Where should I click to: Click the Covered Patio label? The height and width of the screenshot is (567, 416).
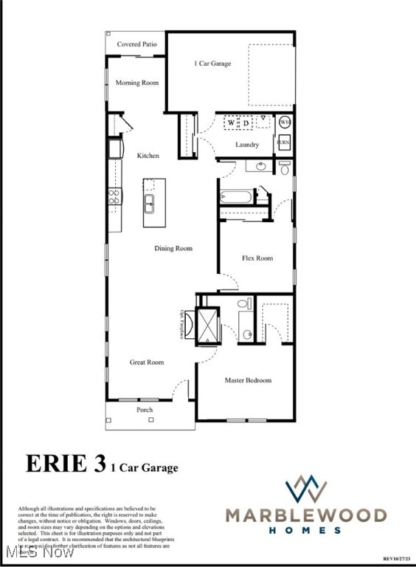136,44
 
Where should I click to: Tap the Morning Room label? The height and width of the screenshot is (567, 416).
137,83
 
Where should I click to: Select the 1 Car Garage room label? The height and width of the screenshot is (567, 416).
212,63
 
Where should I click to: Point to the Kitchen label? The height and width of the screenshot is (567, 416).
148,156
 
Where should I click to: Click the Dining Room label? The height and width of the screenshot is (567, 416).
173,249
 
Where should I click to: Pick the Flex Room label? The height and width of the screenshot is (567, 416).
257,258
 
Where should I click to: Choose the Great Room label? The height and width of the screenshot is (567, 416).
147,362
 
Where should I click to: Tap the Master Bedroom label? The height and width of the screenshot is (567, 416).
248,380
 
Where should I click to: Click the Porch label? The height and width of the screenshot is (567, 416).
145,410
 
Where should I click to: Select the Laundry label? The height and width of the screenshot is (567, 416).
246,145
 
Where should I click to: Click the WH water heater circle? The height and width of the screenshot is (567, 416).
285,123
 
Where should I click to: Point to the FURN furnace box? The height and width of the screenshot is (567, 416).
284,142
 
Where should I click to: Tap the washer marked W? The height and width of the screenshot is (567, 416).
231,123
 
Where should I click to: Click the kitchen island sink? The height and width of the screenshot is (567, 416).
150,202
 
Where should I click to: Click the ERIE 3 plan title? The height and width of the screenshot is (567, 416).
66,464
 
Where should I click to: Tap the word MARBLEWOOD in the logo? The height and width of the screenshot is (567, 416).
306,515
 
